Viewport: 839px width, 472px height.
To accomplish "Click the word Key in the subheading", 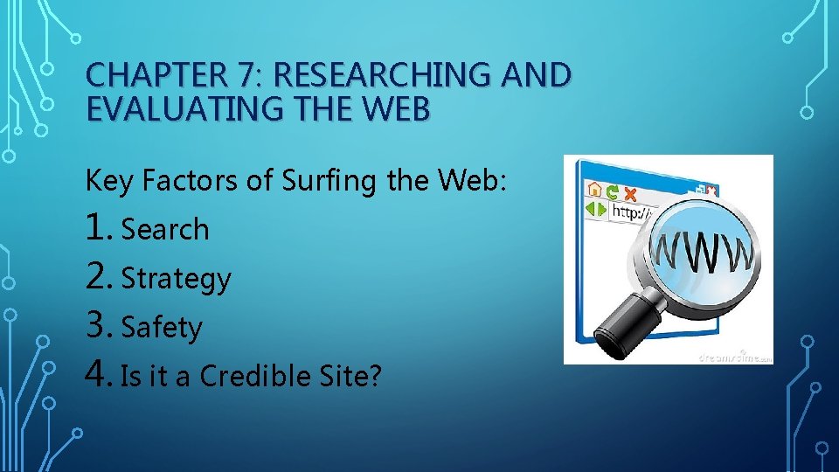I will [x=109, y=181].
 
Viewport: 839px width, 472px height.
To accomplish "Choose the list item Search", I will [x=165, y=229].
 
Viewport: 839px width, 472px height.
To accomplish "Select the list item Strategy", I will [x=176, y=279].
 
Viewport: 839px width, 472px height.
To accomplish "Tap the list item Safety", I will [x=162, y=328].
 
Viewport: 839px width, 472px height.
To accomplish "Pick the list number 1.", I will [x=98, y=228].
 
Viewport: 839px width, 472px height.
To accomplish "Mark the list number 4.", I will [x=98, y=376].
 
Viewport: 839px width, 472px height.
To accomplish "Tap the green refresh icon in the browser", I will [x=614, y=189].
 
